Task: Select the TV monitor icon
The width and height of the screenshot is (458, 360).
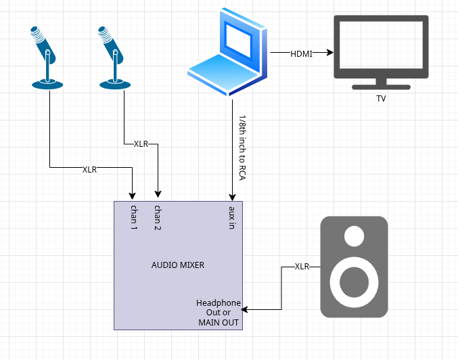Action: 381,50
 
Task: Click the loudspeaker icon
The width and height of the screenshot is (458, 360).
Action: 354,267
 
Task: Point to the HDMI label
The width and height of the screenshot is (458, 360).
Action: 301,53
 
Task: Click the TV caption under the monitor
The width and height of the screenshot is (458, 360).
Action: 381,99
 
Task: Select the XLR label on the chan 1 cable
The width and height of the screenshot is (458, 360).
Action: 89,169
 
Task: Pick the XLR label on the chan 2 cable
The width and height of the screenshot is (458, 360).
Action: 141,144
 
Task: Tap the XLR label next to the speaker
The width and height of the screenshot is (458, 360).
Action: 302,267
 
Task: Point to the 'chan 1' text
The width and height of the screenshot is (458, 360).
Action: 134,217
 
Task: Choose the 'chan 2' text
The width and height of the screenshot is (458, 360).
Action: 158,217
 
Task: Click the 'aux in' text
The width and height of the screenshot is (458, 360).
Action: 232,217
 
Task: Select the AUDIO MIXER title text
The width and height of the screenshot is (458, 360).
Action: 178,265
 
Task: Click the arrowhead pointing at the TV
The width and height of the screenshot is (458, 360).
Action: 330,52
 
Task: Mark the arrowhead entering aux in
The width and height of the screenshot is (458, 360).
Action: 232,197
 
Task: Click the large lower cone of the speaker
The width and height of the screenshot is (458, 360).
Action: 354,282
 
